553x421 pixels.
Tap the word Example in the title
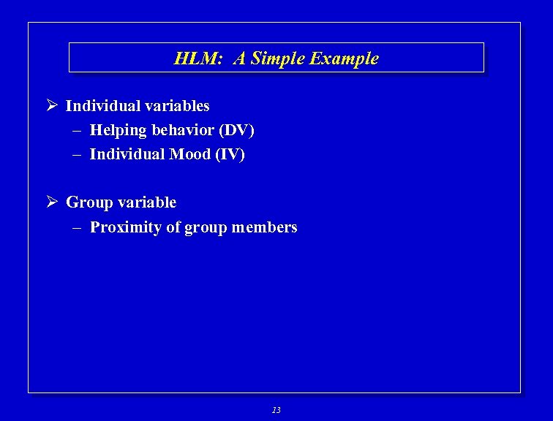click(x=345, y=58)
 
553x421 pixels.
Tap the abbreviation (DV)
click(x=236, y=131)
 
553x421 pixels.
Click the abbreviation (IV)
click(x=229, y=154)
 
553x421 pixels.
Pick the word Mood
click(x=190, y=154)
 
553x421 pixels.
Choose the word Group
click(x=89, y=202)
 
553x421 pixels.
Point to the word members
click(x=264, y=227)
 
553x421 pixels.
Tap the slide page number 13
click(x=276, y=410)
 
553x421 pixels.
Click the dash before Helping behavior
click(x=77, y=131)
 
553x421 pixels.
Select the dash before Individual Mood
click(x=77, y=154)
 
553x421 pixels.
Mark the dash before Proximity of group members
click(x=77, y=227)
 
